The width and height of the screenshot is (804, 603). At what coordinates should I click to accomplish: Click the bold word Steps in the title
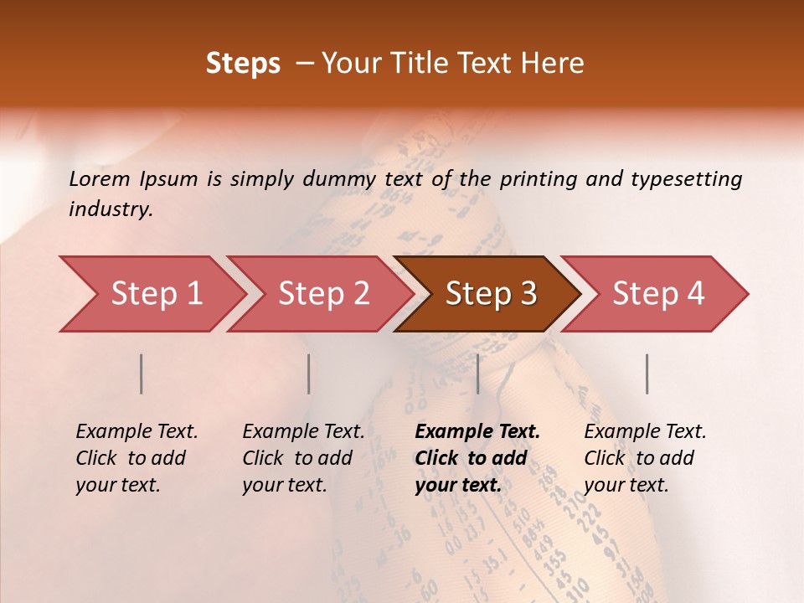(x=243, y=64)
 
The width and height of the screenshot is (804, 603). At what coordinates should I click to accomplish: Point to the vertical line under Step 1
(x=142, y=374)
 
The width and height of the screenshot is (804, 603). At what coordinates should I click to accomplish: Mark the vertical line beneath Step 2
(x=309, y=374)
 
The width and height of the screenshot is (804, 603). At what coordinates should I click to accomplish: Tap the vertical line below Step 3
(x=477, y=374)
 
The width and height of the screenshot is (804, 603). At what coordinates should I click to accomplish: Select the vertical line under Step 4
(x=647, y=374)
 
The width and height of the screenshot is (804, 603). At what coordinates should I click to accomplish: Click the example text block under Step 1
(x=136, y=458)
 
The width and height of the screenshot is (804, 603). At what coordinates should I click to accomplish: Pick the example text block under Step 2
(x=302, y=458)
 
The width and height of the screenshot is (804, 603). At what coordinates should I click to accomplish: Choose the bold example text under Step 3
(x=477, y=458)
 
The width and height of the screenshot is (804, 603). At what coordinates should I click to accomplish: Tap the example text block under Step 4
(x=644, y=458)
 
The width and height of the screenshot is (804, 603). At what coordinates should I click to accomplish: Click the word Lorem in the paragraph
(x=100, y=178)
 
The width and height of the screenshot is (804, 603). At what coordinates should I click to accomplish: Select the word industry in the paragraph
(x=110, y=209)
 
